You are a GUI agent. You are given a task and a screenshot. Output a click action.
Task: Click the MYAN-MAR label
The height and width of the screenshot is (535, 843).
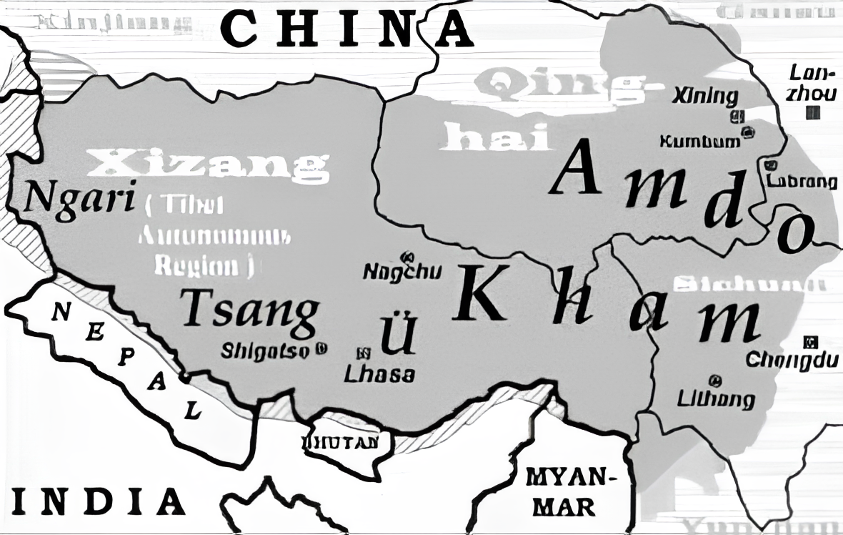pos(569,491)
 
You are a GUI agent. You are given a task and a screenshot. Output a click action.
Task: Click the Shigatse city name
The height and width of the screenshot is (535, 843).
pos(266,350)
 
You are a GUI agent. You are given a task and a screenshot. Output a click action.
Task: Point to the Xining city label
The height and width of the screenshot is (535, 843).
pos(704,97)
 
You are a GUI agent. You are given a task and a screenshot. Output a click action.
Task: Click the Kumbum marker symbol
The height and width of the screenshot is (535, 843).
pos(747,132)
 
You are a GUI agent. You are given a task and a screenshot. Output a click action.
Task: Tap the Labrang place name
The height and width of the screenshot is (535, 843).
pos(802,181)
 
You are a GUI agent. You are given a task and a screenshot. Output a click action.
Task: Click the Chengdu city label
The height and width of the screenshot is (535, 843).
pos(792,360)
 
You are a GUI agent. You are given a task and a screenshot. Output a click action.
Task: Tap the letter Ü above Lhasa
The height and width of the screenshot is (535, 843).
pos(394,335)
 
